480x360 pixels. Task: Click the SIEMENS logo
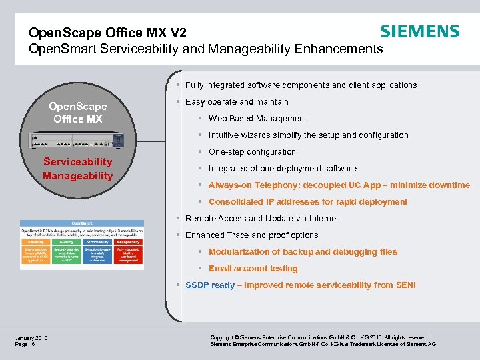419,31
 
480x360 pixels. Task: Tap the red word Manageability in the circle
78,175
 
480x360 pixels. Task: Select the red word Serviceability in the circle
78,162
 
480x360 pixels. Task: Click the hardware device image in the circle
77,141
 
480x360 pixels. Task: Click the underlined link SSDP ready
210,285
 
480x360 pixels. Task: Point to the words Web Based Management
257,118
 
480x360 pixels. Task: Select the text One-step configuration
252,151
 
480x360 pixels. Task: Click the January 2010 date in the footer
31,337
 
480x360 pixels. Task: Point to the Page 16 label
25,344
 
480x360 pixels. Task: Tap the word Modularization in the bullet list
238,251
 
